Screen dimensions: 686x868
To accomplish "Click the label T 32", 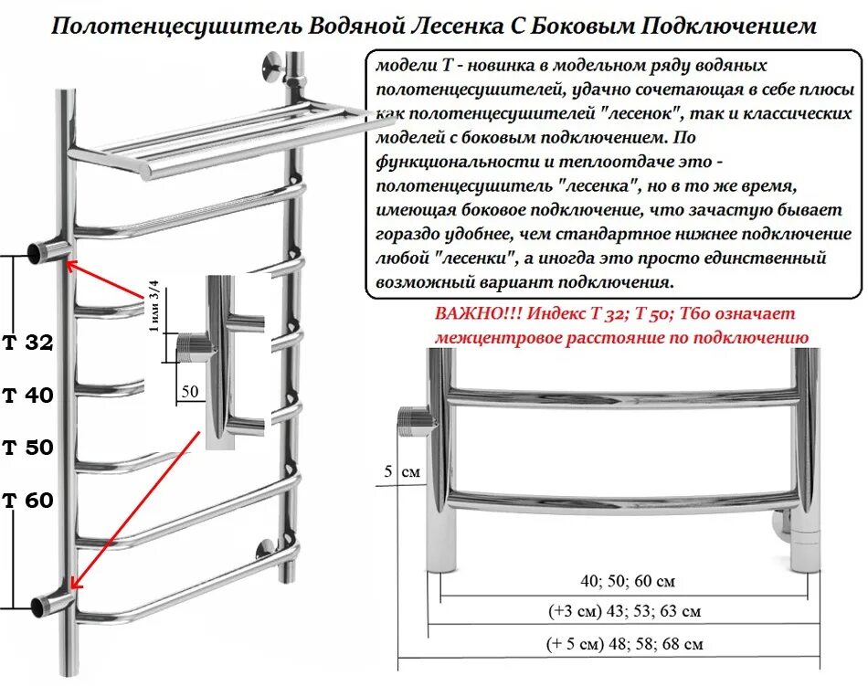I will (x=27, y=343).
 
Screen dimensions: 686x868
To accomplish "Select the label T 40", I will (x=27, y=396).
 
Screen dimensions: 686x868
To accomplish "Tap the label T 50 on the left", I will (x=27, y=448).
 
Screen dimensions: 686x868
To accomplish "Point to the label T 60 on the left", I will (x=27, y=501).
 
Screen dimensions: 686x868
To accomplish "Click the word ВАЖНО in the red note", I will (x=471, y=313).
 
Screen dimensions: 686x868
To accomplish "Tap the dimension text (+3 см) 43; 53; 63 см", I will (x=625, y=611).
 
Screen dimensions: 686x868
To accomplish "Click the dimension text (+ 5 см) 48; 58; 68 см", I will (x=626, y=644).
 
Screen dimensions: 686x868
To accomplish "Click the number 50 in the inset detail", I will (x=190, y=391).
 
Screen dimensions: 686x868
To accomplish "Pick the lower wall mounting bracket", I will (x=265, y=550).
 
